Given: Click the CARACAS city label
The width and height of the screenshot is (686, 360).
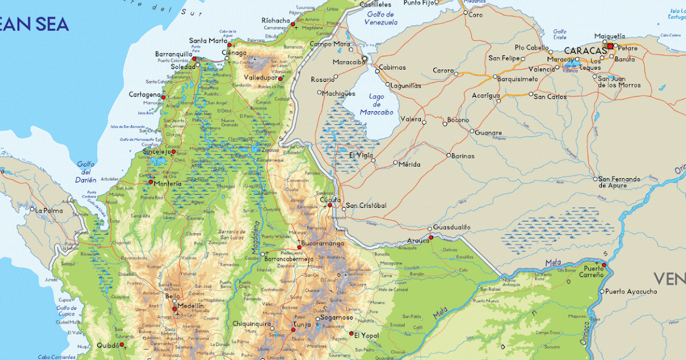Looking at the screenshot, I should click(x=585, y=50).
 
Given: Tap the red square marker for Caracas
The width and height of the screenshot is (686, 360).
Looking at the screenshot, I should click(x=610, y=46).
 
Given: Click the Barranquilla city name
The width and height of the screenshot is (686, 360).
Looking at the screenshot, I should click(x=173, y=54).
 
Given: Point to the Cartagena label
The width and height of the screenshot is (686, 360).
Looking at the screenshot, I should click(x=144, y=94).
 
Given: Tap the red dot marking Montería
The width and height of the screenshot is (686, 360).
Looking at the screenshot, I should click(x=151, y=182).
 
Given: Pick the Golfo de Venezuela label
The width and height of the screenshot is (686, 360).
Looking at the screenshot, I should click(x=381, y=18).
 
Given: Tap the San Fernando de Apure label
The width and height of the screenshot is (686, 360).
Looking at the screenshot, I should click(x=619, y=182).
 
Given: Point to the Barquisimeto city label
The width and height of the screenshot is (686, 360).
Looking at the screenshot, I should click(x=519, y=79).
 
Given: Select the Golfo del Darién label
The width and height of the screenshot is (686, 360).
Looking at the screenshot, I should click(x=86, y=171).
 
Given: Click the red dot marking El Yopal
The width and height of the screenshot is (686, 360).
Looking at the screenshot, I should click(x=350, y=334).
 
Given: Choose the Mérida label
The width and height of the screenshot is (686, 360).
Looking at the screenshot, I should click(x=409, y=165).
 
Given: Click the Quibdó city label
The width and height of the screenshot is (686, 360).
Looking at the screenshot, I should click(x=108, y=345).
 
